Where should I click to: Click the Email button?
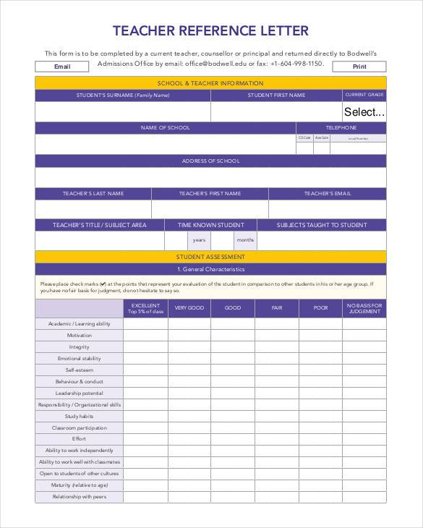click(x=62, y=67)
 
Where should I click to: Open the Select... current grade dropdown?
click(x=364, y=111)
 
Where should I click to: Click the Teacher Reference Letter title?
click(x=210, y=30)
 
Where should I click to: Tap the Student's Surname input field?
click(x=123, y=111)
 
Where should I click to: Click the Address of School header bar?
click(x=210, y=161)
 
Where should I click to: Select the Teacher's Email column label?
click(x=327, y=194)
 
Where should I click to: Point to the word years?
click(x=199, y=240)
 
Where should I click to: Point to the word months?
click(x=245, y=240)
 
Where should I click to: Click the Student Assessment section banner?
click(x=210, y=257)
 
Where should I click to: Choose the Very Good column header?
click(x=189, y=308)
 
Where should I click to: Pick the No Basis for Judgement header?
click(x=364, y=308)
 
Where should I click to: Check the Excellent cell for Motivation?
click(x=145, y=336)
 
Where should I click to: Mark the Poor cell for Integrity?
click(x=320, y=347)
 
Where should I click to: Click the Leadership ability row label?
click(x=80, y=393)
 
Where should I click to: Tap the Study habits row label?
click(x=80, y=416)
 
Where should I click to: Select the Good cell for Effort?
click(x=233, y=439)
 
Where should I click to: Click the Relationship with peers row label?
click(x=80, y=497)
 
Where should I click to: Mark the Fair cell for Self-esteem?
click(x=276, y=370)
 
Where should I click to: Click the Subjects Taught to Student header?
click(x=321, y=225)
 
